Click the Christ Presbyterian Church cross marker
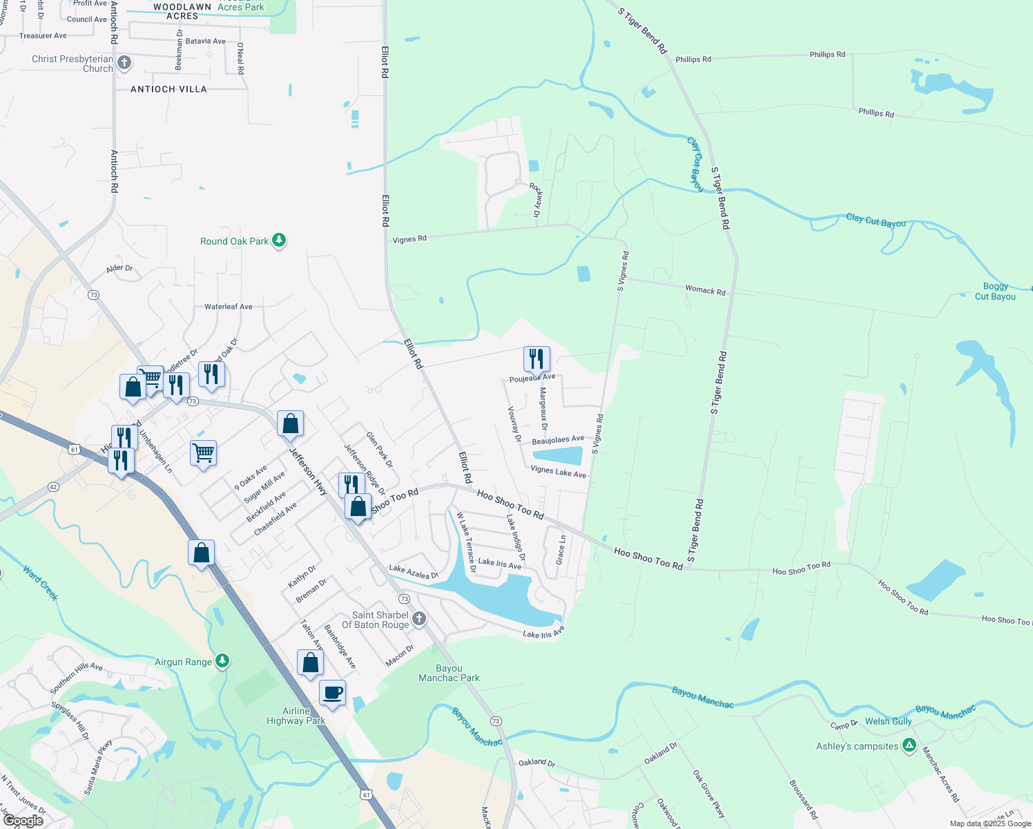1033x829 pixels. click(124, 64)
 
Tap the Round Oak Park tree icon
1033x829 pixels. click(279, 240)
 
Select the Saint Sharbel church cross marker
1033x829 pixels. click(419, 620)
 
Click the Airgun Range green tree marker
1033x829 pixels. click(222, 661)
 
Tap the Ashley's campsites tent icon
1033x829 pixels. click(909, 745)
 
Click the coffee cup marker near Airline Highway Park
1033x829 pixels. click(332, 693)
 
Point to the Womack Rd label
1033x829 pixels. click(705, 290)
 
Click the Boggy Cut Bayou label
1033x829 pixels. click(995, 292)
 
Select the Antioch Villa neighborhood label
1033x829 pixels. click(168, 89)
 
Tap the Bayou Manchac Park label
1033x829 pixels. click(449, 673)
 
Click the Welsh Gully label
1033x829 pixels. click(888, 721)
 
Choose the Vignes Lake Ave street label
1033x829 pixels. click(558, 472)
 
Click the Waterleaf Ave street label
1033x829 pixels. click(228, 307)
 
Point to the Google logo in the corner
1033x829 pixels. click(23, 821)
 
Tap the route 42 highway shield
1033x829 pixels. click(53, 487)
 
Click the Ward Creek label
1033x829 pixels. click(40, 583)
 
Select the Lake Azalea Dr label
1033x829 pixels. click(414, 571)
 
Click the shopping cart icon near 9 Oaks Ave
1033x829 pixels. click(203, 454)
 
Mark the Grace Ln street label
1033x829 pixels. click(561, 548)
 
